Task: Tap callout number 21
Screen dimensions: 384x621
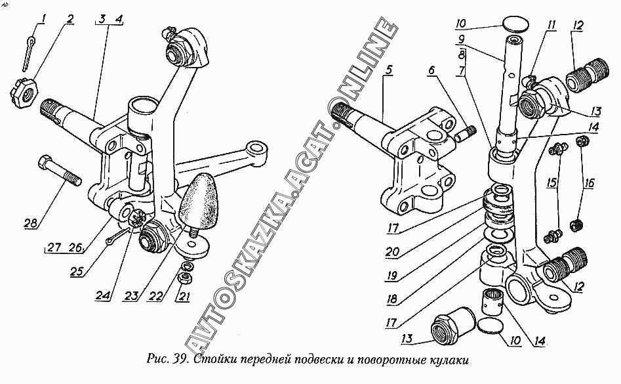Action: point(185,296)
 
